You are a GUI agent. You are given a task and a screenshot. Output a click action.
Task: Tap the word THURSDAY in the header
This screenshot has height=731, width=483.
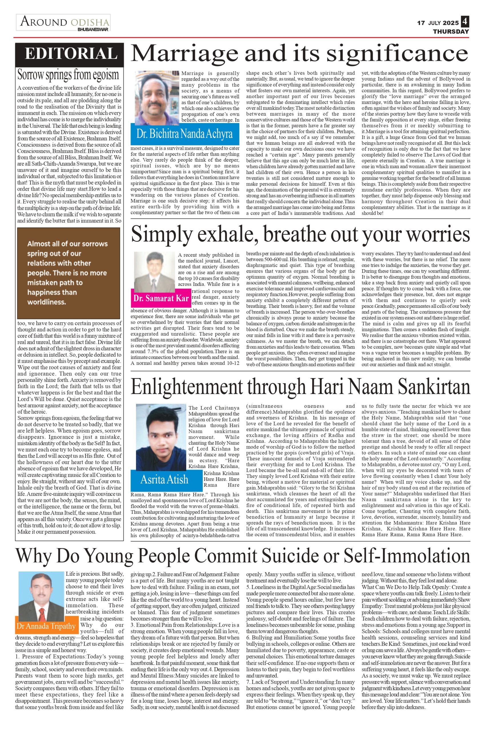pos(451,31)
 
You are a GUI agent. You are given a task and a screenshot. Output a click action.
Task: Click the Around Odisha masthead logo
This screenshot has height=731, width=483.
pos(63,23)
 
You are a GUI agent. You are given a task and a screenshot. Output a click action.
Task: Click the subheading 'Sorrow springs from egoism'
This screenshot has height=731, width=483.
pos(68,75)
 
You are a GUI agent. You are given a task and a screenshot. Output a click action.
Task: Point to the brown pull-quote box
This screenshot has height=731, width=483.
pos(69,273)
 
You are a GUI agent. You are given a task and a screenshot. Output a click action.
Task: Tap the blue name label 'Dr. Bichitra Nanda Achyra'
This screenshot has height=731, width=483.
pos(185,134)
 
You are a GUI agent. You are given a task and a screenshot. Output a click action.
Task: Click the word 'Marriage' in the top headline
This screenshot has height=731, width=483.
pos(184,54)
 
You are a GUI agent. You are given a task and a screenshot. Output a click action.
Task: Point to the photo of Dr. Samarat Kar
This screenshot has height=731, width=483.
pos(155,271)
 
